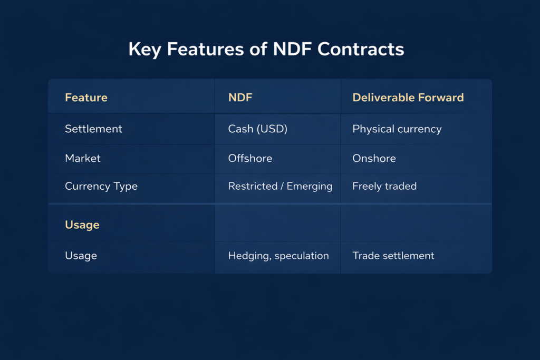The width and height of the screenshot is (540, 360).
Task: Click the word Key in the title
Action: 144,50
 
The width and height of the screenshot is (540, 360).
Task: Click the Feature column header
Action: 86,98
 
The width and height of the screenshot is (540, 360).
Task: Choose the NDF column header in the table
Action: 241,98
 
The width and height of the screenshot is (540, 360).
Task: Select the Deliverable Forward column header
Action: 408,98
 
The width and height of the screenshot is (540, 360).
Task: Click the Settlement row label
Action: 93,129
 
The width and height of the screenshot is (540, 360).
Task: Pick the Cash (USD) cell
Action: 257,129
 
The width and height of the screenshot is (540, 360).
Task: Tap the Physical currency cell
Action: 397,129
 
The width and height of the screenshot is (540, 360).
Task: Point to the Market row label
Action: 82,158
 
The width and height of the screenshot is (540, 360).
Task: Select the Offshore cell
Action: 250,158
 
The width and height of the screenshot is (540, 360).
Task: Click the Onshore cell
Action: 374,158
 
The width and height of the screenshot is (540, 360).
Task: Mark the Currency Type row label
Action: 101,187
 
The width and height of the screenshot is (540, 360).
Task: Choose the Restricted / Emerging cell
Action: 280,187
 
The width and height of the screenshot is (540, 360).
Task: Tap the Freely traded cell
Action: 384,187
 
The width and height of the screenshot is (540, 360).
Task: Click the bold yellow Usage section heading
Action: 82,225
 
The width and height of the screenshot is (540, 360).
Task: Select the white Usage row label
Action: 81,256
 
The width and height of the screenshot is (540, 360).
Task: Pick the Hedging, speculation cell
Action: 278,256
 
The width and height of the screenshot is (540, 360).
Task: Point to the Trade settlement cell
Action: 393,256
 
